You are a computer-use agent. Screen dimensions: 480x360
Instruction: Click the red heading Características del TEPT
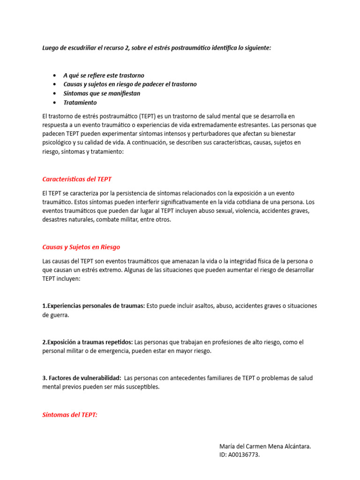coord(77,179)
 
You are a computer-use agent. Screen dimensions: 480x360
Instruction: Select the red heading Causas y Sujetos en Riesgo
coord(81,247)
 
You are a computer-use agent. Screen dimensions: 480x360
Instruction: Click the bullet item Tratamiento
coord(80,102)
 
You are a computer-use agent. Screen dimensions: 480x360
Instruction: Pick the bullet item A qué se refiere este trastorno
coord(104,75)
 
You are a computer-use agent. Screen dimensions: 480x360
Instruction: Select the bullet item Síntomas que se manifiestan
coord(102,93)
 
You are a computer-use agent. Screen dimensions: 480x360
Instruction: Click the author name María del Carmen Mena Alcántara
coord(265,446)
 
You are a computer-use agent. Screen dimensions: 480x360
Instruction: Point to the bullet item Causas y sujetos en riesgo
coord(130,84)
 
